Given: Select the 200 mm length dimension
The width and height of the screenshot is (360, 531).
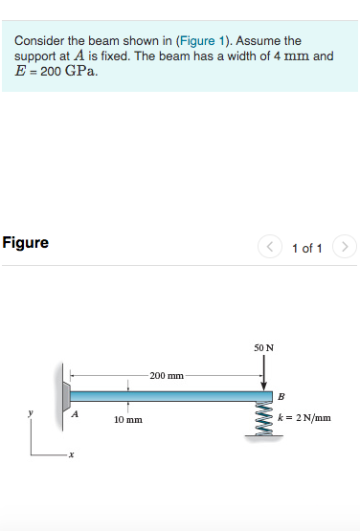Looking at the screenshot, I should [166, 375].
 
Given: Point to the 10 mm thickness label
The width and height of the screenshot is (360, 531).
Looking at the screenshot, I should [128, 419].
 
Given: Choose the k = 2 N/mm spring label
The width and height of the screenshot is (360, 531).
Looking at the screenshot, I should [304, 417].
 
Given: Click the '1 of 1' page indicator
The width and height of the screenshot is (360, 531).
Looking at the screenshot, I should [305, 249].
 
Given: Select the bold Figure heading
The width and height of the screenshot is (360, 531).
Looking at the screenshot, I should [26, 243].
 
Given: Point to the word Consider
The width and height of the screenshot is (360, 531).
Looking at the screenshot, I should [41, 41].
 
